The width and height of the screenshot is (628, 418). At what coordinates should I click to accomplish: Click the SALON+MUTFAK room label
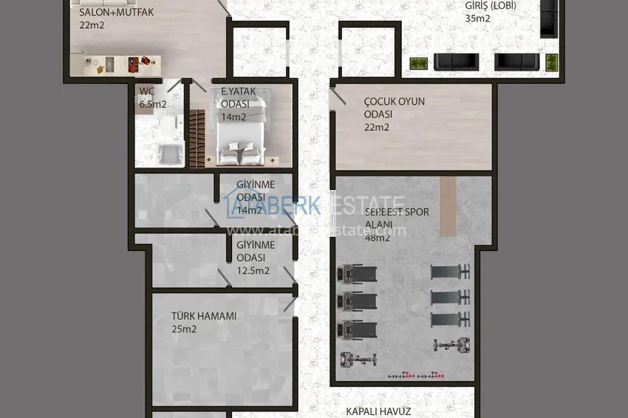point(117,12)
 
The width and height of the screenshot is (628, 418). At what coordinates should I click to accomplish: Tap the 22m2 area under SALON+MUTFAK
point(92,24)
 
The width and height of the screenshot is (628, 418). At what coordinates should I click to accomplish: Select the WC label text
point(146,92)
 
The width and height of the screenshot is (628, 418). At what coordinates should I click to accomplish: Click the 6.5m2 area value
point(154,104)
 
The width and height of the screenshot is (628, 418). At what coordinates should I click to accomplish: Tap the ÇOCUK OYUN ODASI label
point(394,108)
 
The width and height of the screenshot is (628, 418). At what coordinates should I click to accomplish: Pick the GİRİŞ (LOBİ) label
point(490,6)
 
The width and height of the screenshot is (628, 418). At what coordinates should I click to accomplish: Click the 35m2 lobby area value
point(477,18)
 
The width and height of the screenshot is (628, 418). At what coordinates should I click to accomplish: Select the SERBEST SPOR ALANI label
point(397,218)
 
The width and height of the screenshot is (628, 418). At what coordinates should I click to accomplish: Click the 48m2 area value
point(377,238)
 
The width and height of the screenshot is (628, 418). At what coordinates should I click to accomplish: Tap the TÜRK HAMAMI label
point(204,316)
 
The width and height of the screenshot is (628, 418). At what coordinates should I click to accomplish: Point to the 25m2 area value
point(184,329)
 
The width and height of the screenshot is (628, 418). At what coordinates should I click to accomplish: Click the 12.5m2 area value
point(253,270)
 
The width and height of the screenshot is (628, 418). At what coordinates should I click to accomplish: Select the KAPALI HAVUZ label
point(378,411)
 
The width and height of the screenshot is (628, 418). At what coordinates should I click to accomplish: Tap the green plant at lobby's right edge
point(551,62)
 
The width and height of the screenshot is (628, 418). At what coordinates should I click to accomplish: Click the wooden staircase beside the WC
point(197,137)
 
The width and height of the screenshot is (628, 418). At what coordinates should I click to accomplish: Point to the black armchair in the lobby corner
point(547,18)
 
